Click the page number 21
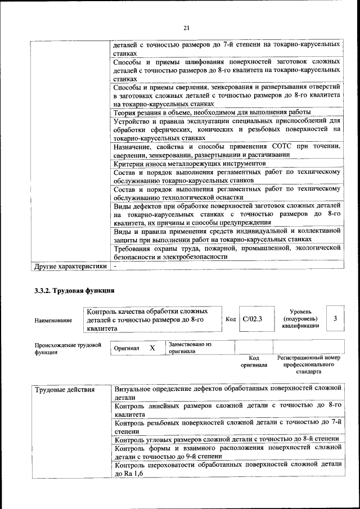187,28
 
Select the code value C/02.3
252,319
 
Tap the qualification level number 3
335,318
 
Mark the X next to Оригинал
152,348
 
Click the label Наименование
53,320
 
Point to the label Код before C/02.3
230,319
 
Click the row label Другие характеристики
70,266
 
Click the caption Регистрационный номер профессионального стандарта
308,364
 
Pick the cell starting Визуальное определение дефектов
228,389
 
